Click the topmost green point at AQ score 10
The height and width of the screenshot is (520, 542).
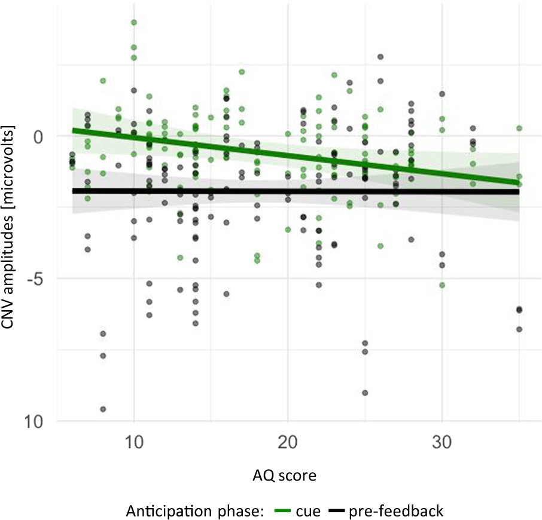pos(134,22)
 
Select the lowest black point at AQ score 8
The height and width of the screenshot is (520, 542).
pos(103,409)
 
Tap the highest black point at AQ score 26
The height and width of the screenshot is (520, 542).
pos(380,57)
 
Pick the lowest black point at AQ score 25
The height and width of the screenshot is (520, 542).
pos(365,393)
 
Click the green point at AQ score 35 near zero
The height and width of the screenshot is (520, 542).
pos(519,129)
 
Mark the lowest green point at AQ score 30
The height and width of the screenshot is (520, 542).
pos(442,285)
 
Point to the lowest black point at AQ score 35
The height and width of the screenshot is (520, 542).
pos(519,329)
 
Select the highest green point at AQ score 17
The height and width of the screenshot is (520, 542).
pos(242,72)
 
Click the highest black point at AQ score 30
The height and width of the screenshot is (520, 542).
pos(442,94)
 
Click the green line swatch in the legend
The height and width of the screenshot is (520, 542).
pos(282,511)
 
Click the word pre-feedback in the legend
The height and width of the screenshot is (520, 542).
pos(396,511)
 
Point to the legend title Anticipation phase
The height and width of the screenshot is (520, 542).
pos(197,511)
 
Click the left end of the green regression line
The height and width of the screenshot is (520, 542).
pos(73,130)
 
